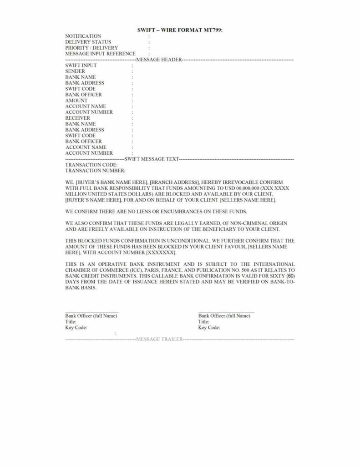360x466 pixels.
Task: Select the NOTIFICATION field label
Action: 83,36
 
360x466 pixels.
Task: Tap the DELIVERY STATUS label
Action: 88,42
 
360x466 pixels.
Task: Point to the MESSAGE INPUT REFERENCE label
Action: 100,54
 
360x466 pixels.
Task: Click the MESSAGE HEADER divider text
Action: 159,60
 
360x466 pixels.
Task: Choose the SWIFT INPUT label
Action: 81,66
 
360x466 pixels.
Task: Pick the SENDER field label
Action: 75,71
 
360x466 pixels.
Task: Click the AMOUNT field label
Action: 76,101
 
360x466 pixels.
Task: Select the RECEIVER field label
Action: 77,118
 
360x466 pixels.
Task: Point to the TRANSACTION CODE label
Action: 91,165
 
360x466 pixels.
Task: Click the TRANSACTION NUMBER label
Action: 95,171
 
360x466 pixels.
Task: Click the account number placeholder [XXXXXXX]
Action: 161,252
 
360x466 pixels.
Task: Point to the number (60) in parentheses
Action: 291,276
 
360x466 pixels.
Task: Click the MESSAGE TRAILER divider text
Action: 159,339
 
